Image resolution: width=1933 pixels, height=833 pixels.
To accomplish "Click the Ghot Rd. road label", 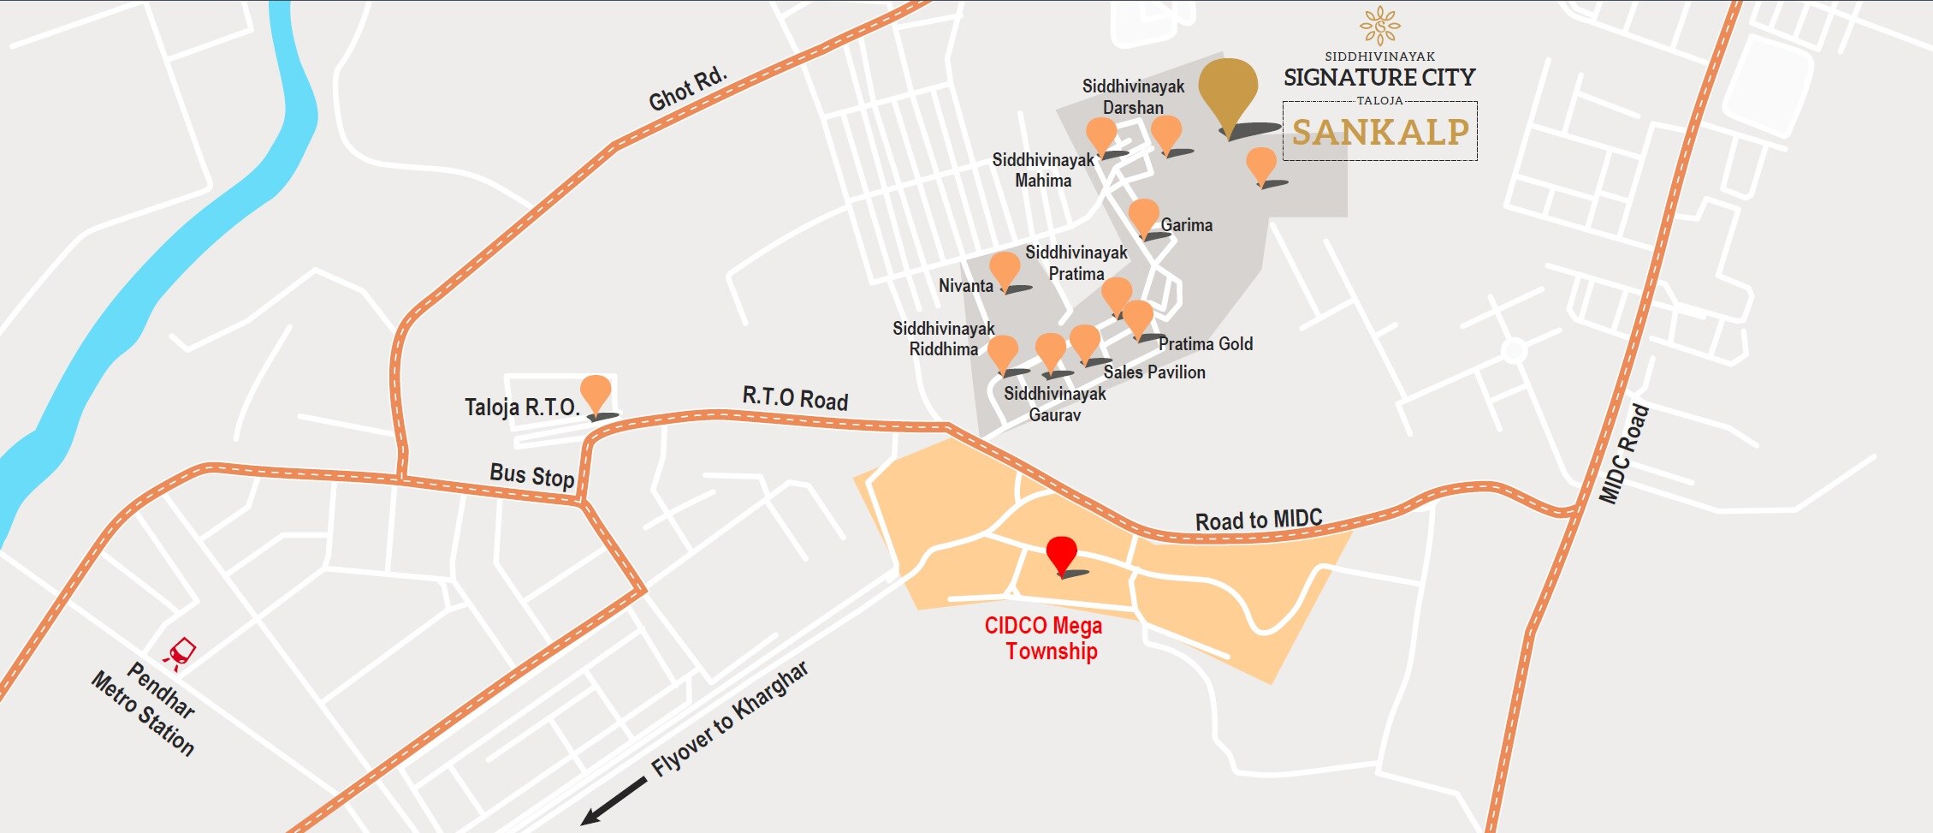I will click(x=687, y=89).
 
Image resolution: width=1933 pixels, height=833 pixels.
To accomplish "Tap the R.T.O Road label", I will click(x=795, y=398).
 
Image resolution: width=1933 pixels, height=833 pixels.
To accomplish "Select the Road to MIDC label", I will click(x=1258, y=520).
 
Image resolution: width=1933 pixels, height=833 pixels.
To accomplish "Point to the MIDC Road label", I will click(x=1623, y=455).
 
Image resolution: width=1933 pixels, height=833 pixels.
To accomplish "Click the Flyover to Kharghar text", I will click(x=729, y=719).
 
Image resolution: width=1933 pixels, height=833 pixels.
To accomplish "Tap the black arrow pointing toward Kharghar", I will click(x=614, y=801).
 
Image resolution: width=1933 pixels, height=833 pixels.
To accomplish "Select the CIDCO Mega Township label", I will click(x=1044, y=638).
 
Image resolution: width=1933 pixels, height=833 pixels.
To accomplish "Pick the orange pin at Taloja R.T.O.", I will click(x=596, y=393).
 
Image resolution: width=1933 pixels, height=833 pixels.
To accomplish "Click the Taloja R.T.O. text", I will click(x=522, y=407).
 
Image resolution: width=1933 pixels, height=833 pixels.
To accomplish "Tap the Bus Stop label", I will click(x=531, y=475).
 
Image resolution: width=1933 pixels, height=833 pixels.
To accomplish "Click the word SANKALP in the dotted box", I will click(x=1379, y=132).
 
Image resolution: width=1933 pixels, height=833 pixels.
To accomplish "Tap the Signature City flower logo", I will click(x=1379, y=26).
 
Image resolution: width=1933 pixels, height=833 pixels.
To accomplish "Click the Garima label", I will click(x=1186, y=225).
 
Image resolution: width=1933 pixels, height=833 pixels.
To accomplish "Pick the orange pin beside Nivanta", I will click(x=1005, y=269).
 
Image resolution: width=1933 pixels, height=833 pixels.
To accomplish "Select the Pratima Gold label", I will click(x=1205, y=344).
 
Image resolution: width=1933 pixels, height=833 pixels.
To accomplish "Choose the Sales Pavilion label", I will click(x=1153, y=372).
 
